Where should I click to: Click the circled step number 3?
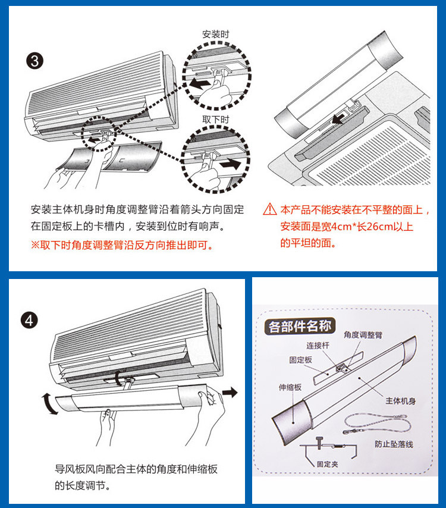click(x=35, y=61)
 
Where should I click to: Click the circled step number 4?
click(x=30, y=321)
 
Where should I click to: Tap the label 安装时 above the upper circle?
click(x=215, y=35)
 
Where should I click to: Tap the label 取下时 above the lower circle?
click(x=215, y=119)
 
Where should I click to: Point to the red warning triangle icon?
click(x=270, y=209)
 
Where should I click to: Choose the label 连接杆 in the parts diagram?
click(x=318, y=346)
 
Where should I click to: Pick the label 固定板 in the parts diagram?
click(x=301, y=360)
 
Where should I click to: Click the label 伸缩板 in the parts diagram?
click(x=290, y=387)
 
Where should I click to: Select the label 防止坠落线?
click(x=395, y=444)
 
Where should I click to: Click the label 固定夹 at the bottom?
click(x=327, y=464)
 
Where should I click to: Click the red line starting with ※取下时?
click(x=122, y=245)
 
